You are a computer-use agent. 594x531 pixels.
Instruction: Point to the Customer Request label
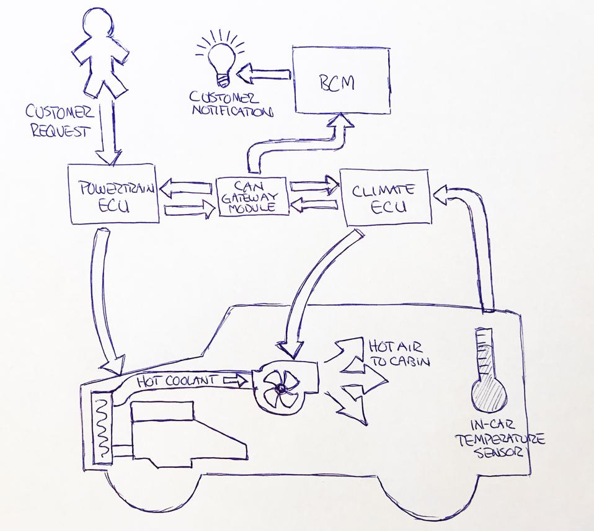(59, 121)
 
